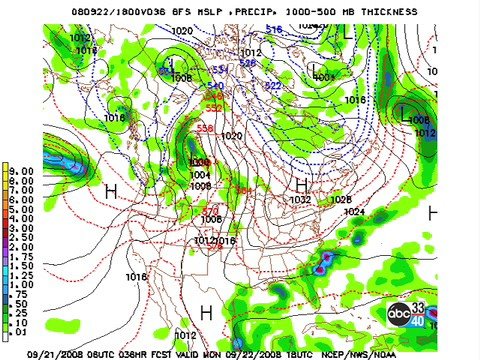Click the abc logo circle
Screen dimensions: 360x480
[399, 316]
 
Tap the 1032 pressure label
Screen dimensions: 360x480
[301, 200]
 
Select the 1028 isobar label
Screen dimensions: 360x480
[340, 200]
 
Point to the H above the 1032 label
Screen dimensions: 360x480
[301, 186]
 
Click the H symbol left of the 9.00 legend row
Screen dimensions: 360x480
[111, 189]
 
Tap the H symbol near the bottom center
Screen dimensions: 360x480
[206, 313]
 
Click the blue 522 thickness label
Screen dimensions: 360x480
[272, 86]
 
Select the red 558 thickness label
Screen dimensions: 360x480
[205, 128]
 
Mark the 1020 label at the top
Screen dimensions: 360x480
[182, 31]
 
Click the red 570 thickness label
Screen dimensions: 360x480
[211, 210]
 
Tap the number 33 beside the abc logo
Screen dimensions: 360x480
[419, 308]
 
